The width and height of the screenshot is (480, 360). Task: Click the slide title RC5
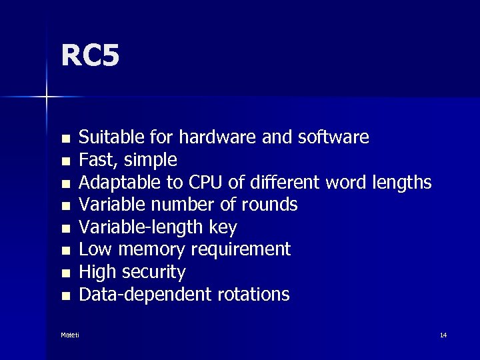(x=90, y=56)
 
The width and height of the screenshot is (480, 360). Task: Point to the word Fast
(x=95, y=160)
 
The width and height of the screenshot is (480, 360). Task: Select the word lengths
(x=401, y=183)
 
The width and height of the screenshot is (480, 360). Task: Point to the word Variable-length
(x=141, y=227)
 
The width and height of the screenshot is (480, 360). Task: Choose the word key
(x=222, y=227)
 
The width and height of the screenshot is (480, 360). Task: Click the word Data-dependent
(x=146, y=295)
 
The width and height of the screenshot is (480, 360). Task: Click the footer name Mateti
(x=69, y=335)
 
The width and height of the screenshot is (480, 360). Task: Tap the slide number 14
(x=443, y=335)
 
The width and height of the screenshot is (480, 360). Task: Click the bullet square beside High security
(x=65, y=273)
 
